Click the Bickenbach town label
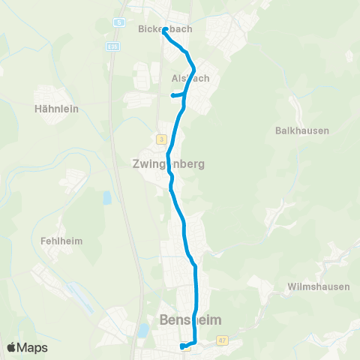coord(165,29)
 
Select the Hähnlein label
coord(57,108)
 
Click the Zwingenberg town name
coord(169,163)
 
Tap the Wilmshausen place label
coord(314,286)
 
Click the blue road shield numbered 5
coord(118,23)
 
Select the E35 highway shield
coord(112,46)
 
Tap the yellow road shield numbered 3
coord(160,139)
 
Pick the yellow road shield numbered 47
coord(222,340)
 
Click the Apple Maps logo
coord(27,347)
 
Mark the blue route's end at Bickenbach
coord(164,31)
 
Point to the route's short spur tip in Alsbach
coord(173,95)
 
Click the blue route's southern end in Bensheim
coord(182,346)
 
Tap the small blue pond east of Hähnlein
coord(106,198)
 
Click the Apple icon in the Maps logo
coord(11,346)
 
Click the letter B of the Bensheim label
coord(165,319)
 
